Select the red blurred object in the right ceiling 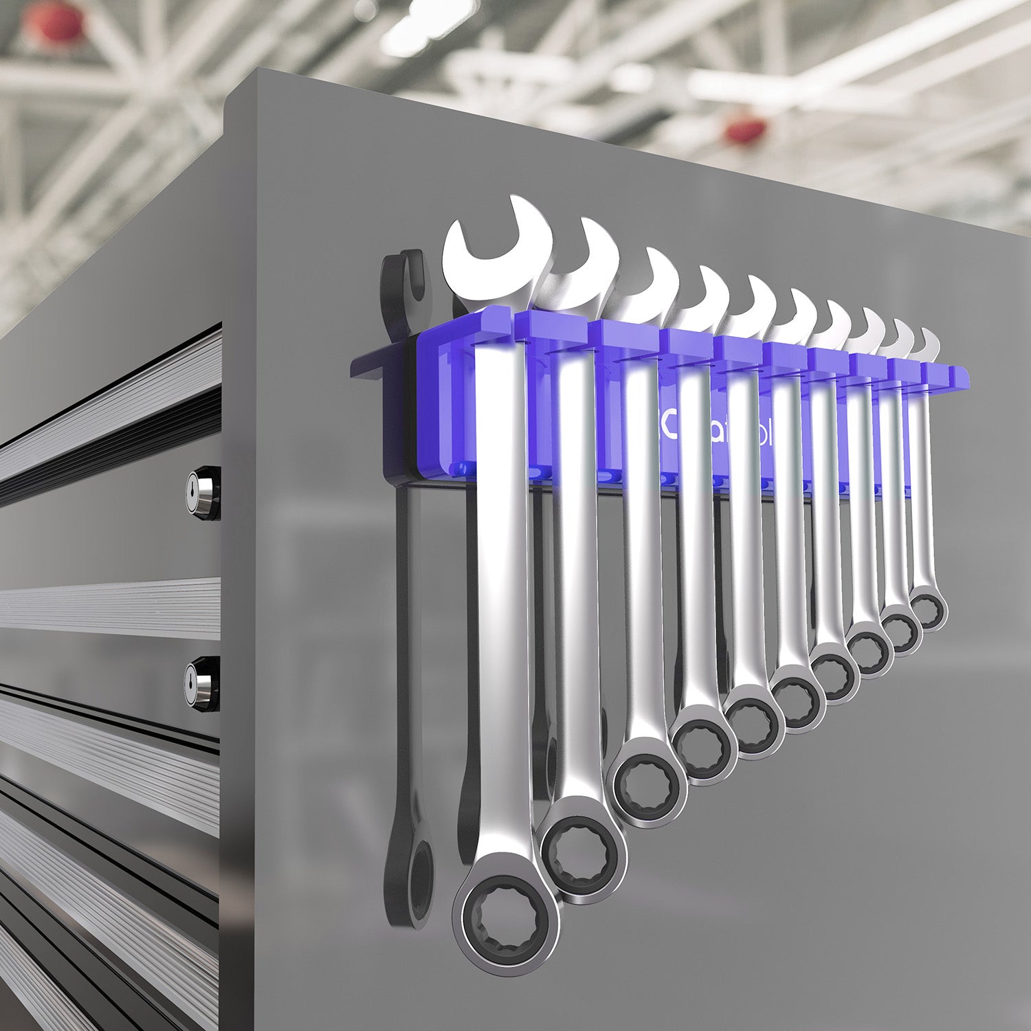746,130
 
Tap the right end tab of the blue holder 960,375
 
